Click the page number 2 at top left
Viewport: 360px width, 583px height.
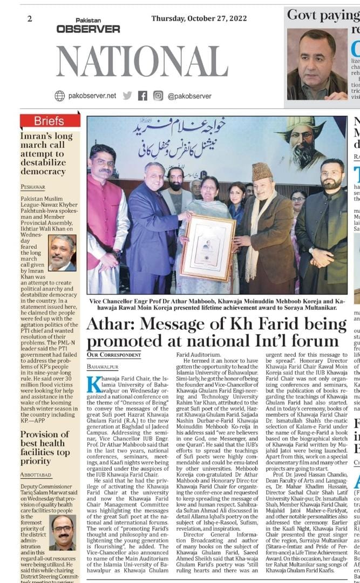point(29,19)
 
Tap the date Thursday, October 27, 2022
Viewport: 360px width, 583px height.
point(199,18)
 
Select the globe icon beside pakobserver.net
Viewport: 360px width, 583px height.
point(59,96)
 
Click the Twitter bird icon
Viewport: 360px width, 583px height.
point(127,96)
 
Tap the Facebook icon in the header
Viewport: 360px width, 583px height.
point(142,96)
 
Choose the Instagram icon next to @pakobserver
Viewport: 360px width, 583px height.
point(158,96)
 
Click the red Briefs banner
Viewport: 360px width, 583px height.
point(50,121)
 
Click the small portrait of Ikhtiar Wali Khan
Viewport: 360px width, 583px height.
point(62,253)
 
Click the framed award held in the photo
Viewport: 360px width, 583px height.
point(208,248)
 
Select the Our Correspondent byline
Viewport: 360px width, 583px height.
point(111,355)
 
